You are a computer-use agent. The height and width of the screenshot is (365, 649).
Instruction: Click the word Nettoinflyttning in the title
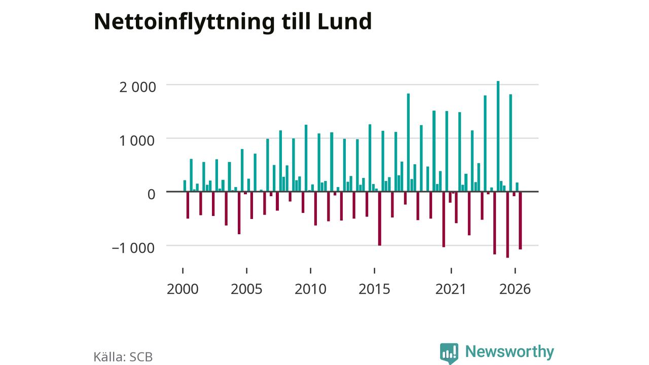(184, 22)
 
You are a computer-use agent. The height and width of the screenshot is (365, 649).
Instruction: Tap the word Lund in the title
(344, 21)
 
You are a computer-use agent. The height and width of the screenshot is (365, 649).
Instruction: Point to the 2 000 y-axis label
(137, 87)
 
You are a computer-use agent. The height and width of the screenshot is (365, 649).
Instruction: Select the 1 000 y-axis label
(137, 141)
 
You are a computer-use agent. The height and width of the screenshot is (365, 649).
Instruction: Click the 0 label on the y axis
(151, 194)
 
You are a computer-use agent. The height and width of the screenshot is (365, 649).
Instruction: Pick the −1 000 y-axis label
(133, 248)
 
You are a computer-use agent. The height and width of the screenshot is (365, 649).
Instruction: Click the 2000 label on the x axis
(183, 289)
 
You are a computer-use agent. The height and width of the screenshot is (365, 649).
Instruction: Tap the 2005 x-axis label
(246, 289)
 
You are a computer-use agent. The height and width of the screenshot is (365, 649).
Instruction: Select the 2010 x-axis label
(311, 289)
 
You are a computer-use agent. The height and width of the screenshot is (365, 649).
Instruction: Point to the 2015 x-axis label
(374, 289)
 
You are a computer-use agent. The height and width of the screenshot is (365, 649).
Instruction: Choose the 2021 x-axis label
(451, 289)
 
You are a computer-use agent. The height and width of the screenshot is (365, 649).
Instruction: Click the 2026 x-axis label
(515, 289)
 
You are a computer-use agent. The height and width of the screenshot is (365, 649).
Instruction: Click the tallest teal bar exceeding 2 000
(498, 136)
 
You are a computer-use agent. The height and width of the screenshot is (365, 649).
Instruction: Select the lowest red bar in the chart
(508, 225)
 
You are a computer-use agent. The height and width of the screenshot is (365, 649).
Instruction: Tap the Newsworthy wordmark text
(510, 351)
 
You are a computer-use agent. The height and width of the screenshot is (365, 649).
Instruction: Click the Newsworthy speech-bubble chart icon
(449, 353)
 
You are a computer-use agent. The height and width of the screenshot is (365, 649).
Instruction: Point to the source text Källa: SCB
(123, 357)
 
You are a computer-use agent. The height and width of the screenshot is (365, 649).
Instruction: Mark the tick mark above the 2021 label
(451, 271)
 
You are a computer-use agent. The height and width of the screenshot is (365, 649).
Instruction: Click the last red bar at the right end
(520, 221)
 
